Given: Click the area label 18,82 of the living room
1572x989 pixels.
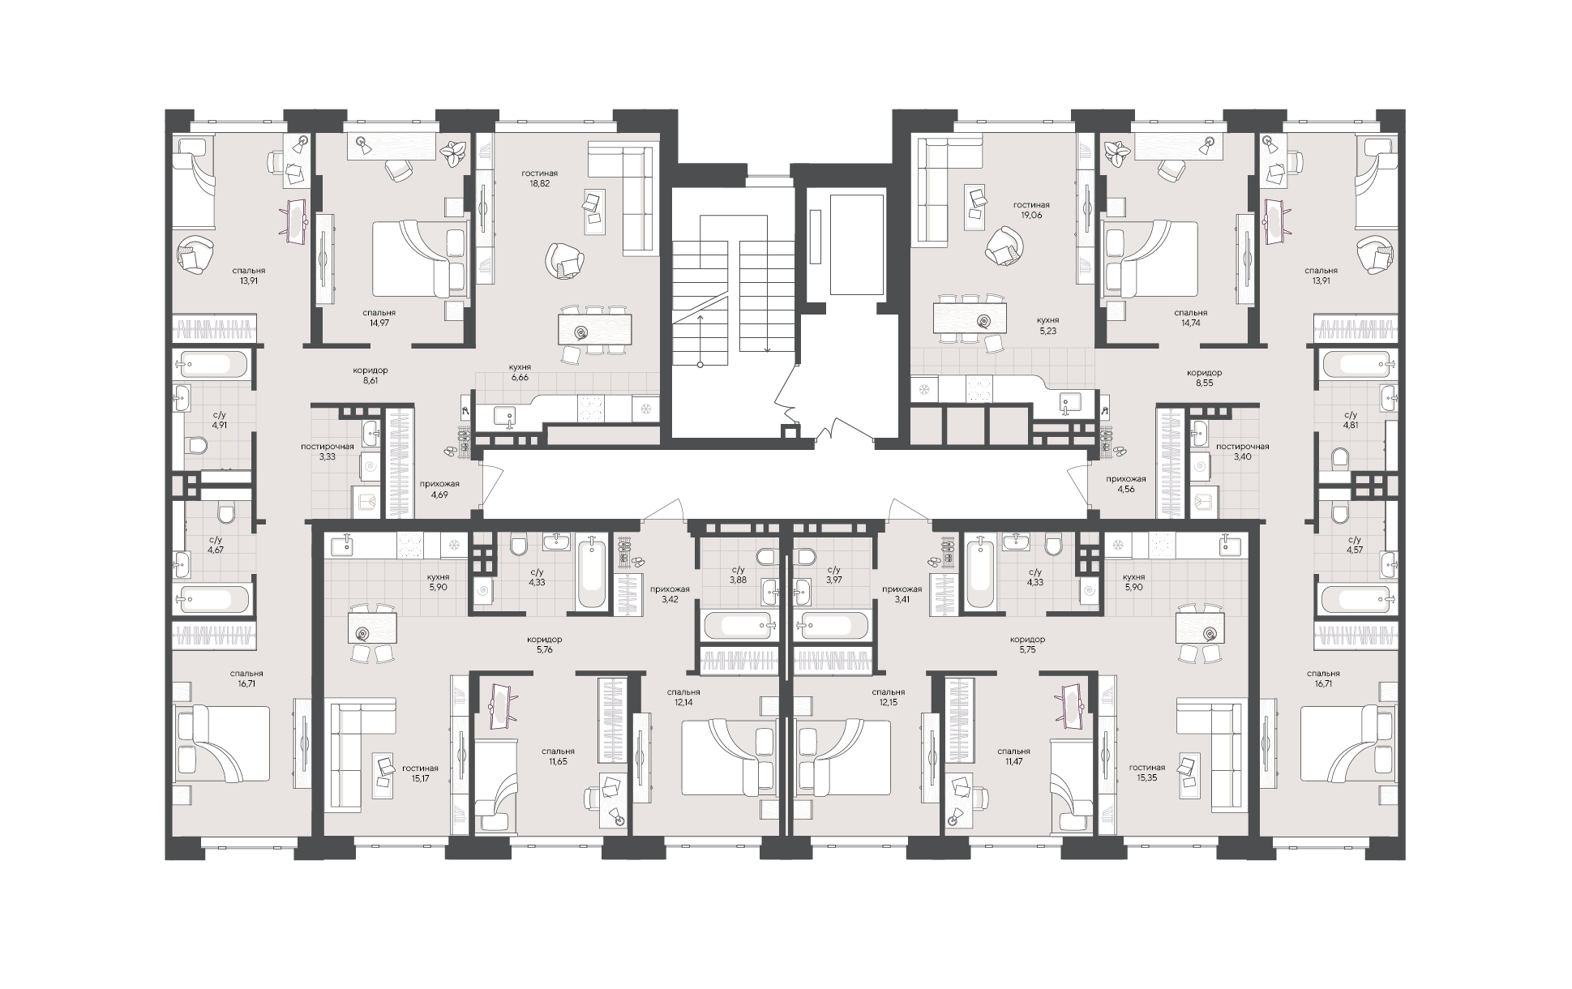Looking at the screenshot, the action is pos(540,184).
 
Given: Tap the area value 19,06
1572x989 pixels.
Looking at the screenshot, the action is pos(1031,216).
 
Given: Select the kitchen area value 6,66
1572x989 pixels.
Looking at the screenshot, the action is pos(520,377).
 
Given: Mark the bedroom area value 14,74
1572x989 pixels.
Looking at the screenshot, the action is pos(1190,323).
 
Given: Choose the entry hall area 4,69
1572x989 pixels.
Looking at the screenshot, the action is pos(434,494).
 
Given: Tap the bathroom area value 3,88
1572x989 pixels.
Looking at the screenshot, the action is pos(738,580).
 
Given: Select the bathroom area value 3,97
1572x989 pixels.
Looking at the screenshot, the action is pos(833,580).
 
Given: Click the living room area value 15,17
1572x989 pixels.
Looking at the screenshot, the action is pos(419,779).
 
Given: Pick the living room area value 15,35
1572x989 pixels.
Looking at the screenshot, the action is pos(1146,778).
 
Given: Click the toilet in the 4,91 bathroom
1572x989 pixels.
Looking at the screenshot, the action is pos(194,445).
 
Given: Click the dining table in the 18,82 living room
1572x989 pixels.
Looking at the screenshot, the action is pos(595,331).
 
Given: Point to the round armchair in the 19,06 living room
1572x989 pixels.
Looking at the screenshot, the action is pos(1003,245).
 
